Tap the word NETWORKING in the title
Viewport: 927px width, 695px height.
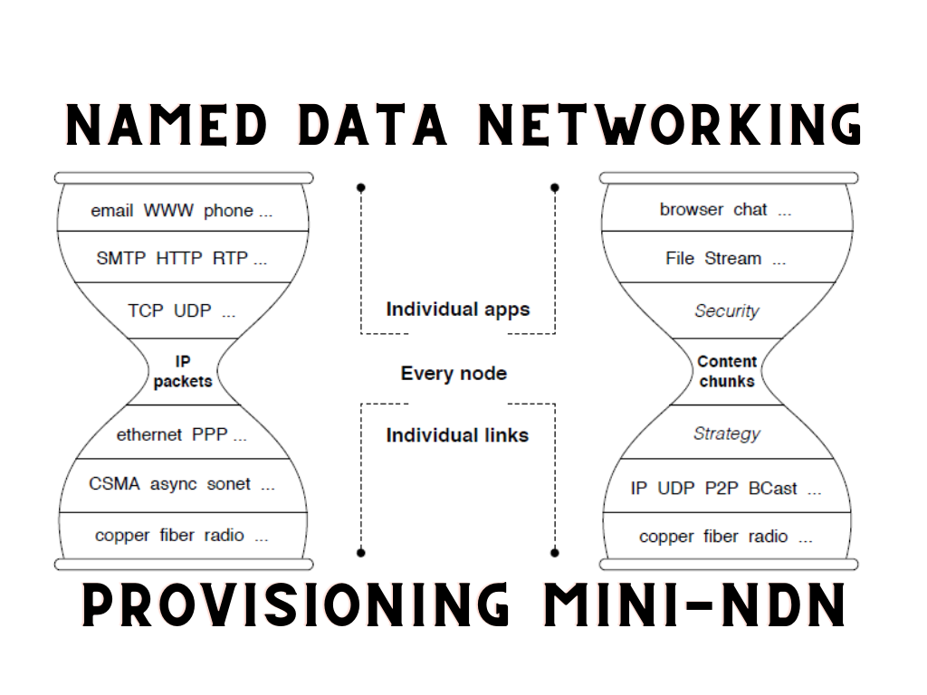pyautogui.click(x=670, y=125)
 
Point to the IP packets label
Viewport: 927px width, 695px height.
pyautogui.click(x=183, y=372)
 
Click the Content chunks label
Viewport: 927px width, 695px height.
pyautogui.click(x=727, y=371)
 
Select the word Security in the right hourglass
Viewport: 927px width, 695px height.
pyautogui.click(x=727, y=311)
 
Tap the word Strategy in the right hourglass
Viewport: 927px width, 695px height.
pyautogui.click(x=727, y=433)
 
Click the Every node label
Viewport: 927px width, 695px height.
pyautogui.click(x=454, y=373)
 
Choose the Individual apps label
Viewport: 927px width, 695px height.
pyautogui.click(x=457, y=309)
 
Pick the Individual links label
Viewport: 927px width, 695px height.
pyautogui.click(x=457, y=435)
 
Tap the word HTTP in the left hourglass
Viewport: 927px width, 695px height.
pyautogui.click(x=180, y=258)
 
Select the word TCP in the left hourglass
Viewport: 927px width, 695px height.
pyautogui.click(x=146, y=311)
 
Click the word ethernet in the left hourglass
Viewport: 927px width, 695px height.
pyautogui.click(x=149, y=435)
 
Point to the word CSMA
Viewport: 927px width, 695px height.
pyautogui.click(x=114, y=484)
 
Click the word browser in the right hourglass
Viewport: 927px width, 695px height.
pyautogui.click(x=692, y=210)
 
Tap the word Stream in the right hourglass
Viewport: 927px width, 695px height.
pyautogui.click(x=733, y=258)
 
